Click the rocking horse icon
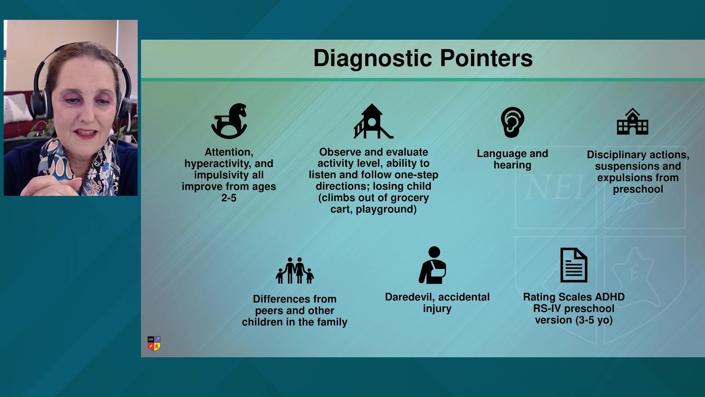pos(229,121)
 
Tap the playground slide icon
pos(373,121)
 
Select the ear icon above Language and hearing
pos(513,122)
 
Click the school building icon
pos(632,122)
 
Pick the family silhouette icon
pos(295,271)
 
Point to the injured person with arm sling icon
pos(433,265)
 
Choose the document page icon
pos(574,265)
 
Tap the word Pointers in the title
pos(486,58)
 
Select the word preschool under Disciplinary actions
pos(638,189)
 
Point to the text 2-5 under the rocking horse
pos(229,198)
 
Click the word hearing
pos(512,165)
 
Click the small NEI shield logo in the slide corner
pos(154,344)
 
